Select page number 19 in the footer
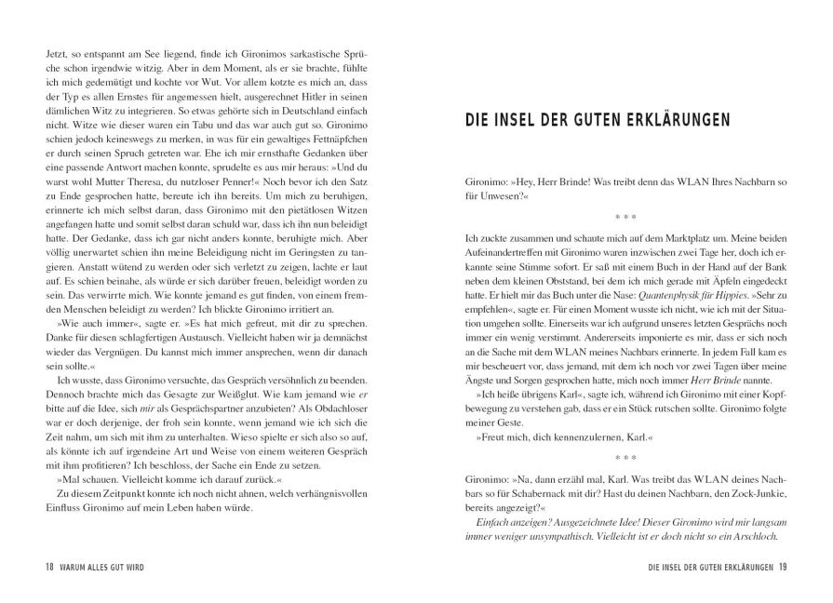point(784,569)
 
